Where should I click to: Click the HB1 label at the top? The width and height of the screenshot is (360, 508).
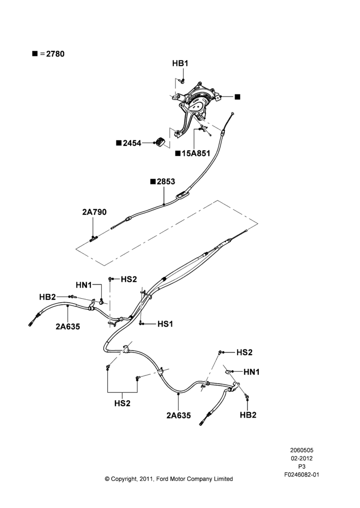pyautogui.click(x=180, y=63)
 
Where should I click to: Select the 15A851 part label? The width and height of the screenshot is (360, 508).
pyautogui.click(x=196, y=153)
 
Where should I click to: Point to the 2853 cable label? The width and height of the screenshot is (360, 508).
pyautogui.click(x=166, y=181)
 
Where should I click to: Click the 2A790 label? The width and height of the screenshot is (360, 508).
pyautogui.click(x=94, y=212)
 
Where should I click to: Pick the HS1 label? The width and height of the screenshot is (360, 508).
pyautogui.click(x=165, y=324)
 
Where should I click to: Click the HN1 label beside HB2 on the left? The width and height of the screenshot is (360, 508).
pyautogui.click(x=84, y=285)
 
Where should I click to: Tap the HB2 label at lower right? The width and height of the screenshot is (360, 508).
pyautogui.click(x=248, y=415)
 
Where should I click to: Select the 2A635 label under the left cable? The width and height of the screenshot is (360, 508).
pyautogui.click(x=68, y=327)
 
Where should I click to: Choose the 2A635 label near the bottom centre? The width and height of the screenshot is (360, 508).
pyautogui.click(x=178, y=416)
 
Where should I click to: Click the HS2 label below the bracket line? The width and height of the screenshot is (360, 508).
pyautogui.click(x=122, y=403)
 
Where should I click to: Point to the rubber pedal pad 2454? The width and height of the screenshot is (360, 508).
pyautogui.click(x=160, y=142)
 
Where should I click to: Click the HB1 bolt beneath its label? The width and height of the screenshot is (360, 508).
pyautogui.click(x=182, y=80)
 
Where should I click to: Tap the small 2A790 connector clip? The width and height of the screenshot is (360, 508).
pyautogui.click(x=94, y=238)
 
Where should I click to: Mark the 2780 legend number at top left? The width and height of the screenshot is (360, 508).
pyautogui.click(x=55, y=54)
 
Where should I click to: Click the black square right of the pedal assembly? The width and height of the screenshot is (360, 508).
pyautogui.click(x=237, y=97)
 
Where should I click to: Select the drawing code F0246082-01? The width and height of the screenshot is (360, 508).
pyautogui.click(x=302, y=474)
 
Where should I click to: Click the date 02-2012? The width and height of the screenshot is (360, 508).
pyautogui.click(x=302, y=458)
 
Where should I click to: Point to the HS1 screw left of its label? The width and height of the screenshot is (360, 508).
pyautogui.click(x=141, y=323)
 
